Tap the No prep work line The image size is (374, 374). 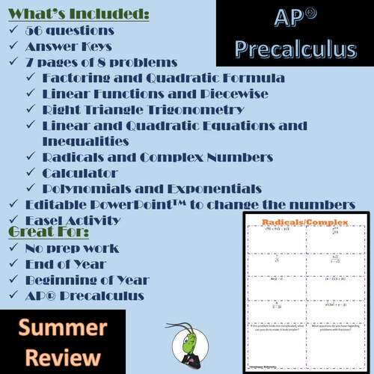tap(73, 248)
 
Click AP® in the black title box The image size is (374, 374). tap(294, 18)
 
